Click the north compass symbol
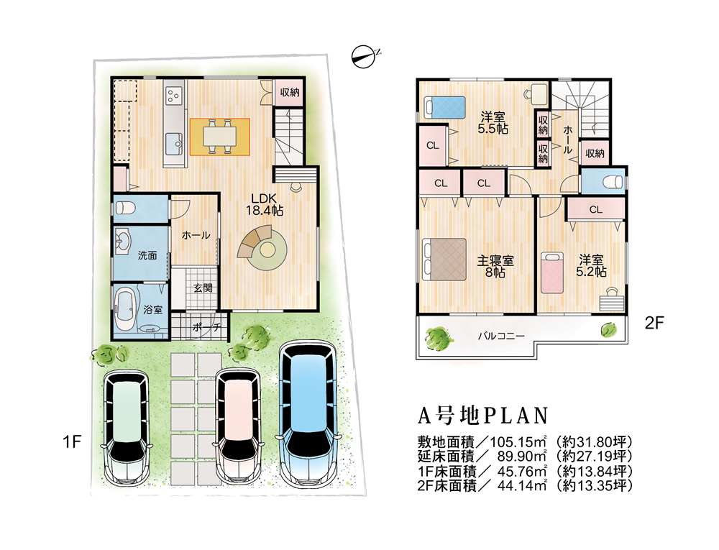click(365, 57)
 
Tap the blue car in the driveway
click(308, 413)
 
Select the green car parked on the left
click(126, 426)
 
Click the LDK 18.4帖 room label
click(264, 204)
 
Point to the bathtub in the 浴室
click(124, 309)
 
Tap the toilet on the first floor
click(125, 208)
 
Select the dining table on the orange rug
click(220, 136)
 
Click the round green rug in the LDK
click(267, 250)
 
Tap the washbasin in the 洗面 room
click(122, 241)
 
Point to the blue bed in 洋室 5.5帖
click(444, 107)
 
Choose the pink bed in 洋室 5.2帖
click(551, 272)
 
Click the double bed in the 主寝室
click(444, 260)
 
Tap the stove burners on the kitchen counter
click(174, 95)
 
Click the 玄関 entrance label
click(203, 288)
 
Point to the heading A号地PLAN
click(483, 416)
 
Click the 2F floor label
click(654, 323)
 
